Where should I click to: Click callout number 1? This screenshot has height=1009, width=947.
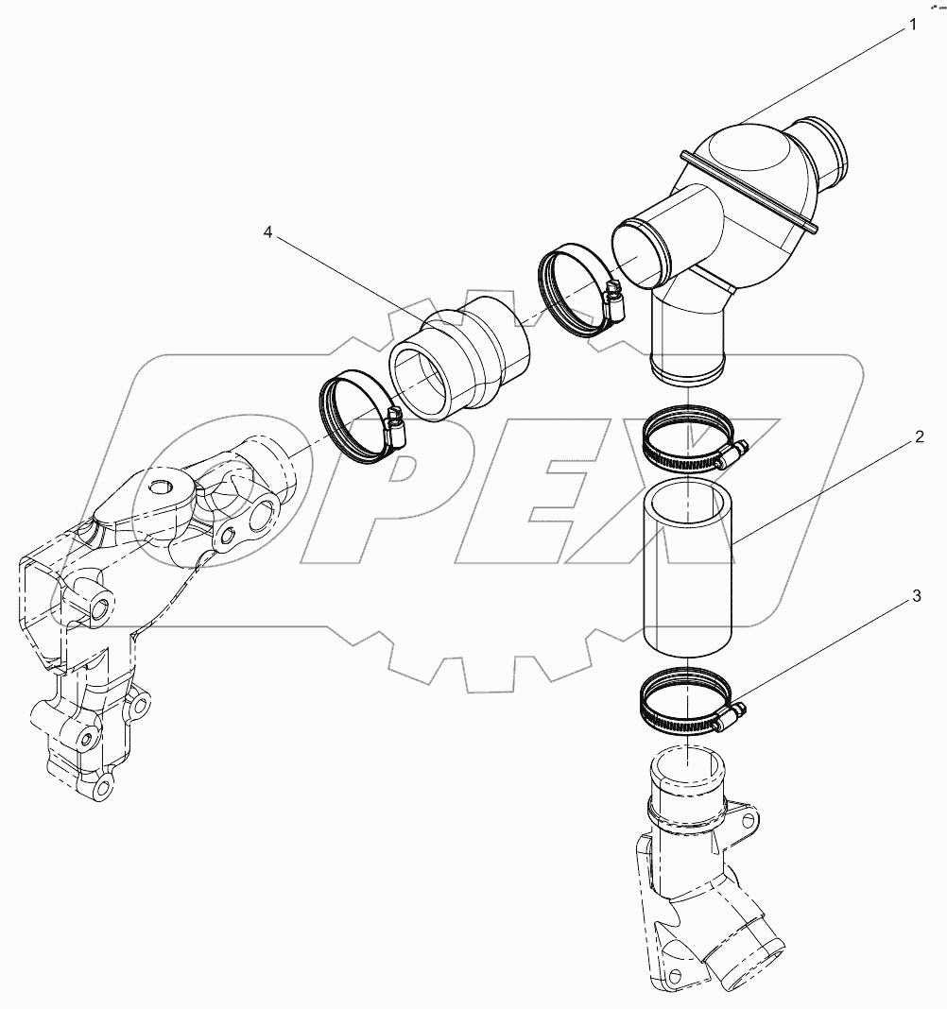point(913,26)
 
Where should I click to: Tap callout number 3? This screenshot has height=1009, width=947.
point(914,595)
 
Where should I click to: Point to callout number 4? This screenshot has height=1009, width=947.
point(267,232)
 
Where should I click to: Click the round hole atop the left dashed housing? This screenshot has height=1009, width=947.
point(163,488)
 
